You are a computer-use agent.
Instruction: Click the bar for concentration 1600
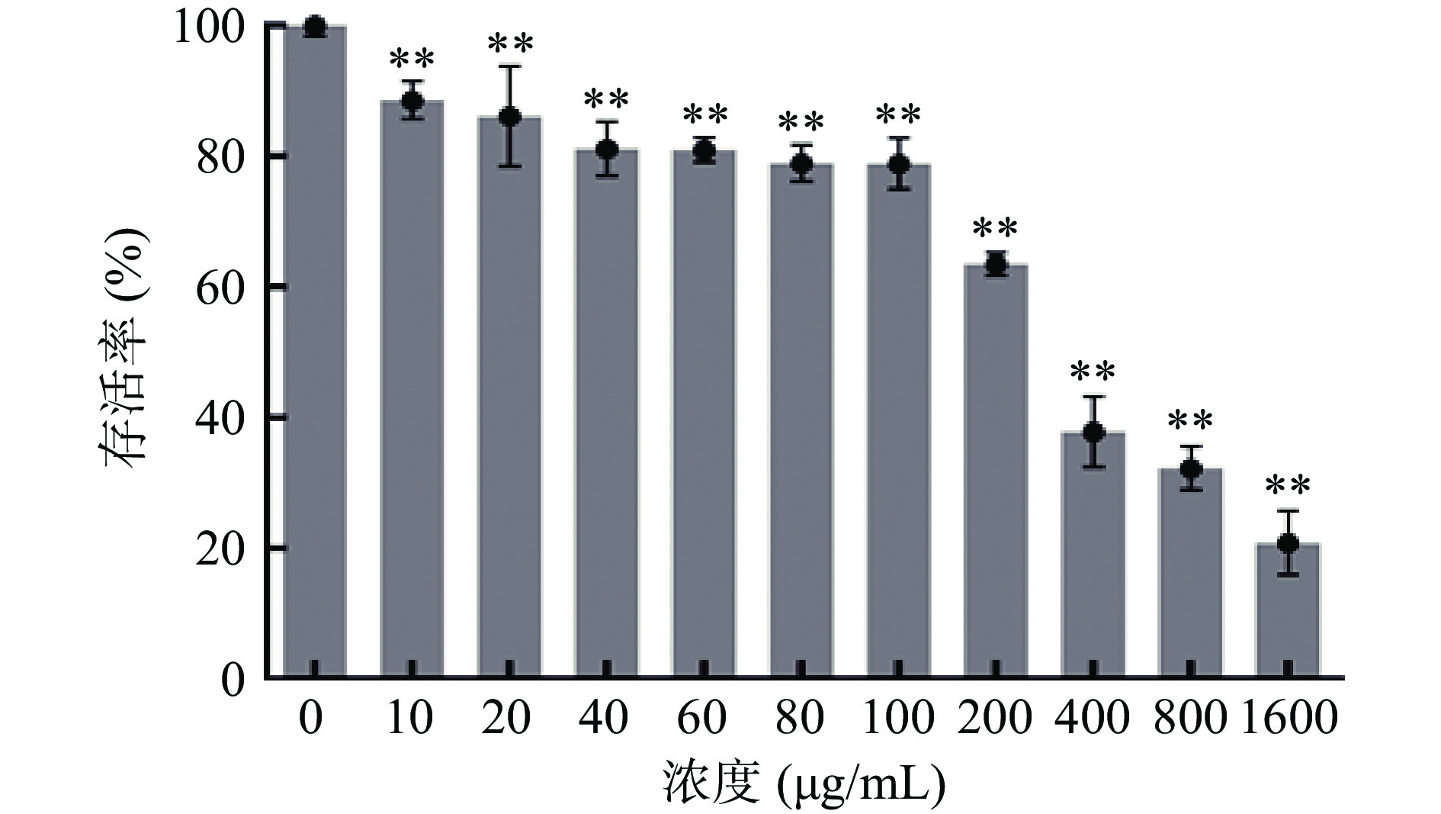[1288, 610]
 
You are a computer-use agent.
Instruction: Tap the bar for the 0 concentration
[314, 351]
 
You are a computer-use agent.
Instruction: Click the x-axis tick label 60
[703, 718]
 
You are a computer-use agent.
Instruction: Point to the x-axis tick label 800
[1190, 718]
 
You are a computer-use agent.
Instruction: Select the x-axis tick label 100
[898, 718]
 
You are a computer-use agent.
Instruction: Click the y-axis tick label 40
[220, 417]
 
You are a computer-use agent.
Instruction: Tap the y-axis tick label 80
[220, 156]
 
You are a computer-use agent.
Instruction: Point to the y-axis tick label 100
[210, 27]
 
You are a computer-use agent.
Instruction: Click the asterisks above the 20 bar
[510, 45]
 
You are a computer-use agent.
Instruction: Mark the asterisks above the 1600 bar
[1288, 487]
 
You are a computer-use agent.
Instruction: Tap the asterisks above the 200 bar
[996, 229]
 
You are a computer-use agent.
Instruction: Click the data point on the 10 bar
[412, 101]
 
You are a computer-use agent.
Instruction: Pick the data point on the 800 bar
[1191, 469]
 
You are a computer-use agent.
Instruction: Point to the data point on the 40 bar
[607, 150]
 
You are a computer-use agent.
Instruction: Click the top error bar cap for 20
[510, 66]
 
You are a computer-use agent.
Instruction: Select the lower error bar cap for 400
[1093, 467]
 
